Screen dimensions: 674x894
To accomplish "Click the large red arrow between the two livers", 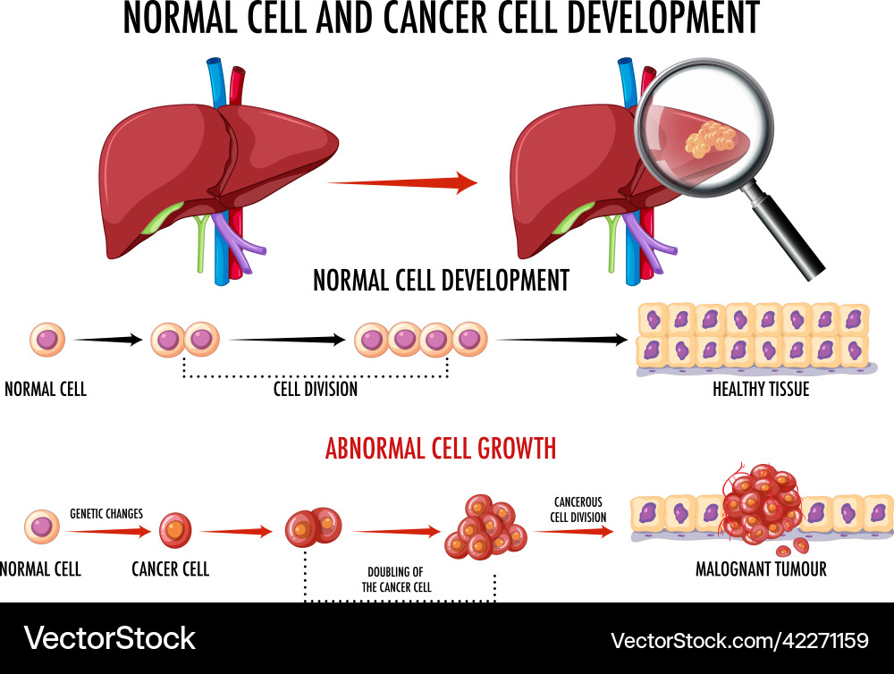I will [x=402, y=183].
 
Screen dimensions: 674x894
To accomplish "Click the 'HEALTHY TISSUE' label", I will [x=761, y=390].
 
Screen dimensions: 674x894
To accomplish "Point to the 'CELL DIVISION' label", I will [x=316, y=390].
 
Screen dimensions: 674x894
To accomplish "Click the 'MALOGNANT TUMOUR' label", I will [x=761, y=569].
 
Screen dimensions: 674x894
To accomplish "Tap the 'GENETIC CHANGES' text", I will [x=106, y=514].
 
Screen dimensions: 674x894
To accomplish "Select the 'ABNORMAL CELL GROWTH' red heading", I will [x=441, y=447].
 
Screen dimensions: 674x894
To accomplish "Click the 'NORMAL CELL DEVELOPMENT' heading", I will [x=441, y=281].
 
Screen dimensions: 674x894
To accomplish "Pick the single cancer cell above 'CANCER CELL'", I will [x=175, y=531].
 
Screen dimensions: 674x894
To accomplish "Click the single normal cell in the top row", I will [x=46, y=340].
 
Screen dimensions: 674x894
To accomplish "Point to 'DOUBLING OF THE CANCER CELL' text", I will [x=398, y=579].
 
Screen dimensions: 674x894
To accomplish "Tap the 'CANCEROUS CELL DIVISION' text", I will [x=578, y=510].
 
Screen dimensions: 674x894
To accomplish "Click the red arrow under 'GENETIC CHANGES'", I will [x=108, y=531].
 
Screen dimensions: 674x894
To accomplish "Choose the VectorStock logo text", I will [x=109, y=638].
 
